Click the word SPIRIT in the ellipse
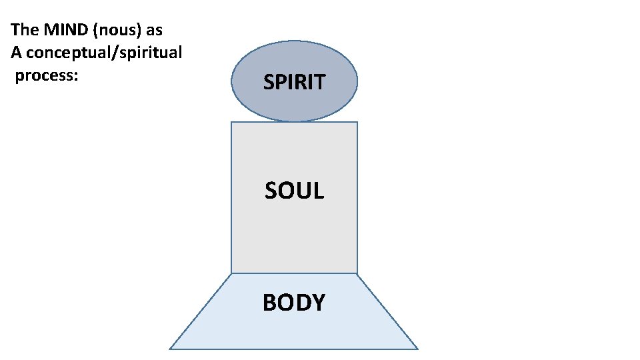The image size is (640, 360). pyautogui.click(x=294, y=82)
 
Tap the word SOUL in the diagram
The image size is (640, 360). pyautogui.click(x=294, y=191)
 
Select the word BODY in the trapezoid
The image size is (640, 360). pyautogui.click(x=294, y=302)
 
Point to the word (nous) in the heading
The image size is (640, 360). pyautogui.click(x=116, y=30)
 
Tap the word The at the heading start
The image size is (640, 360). pyautogui.click(x=25, y=30)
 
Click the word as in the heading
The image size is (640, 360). pyautogui.click(x=154, y=30)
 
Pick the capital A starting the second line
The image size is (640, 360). pyautogui.click(x=17, y=53)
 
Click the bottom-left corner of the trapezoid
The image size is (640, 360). pyautogui.click(x=170, y=349)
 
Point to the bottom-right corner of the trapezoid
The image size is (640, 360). pyautogui.click(x=417, y=349)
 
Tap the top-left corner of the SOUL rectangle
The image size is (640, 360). pyautogui.click(x=231, y=123)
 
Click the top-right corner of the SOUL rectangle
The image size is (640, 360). pyautogui.click(x=357, y=123)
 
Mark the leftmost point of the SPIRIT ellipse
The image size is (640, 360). pyautogui.click(x=231, y=82)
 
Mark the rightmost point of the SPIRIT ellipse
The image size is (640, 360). pyautogui.click(x=357, y=82)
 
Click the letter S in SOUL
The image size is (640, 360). pyautogui.click(x=271, y=191)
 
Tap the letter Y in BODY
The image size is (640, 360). pyautogui.click(x=317, y=302)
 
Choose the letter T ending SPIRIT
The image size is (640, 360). pyautogui.click(x=319, y=82)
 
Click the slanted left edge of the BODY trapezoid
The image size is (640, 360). pyautogui.click(x=201, y=311)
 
